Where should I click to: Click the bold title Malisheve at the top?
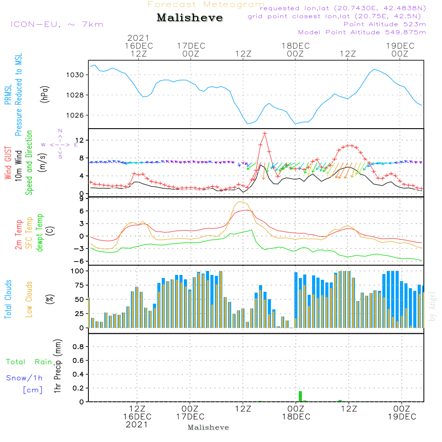point(190,18)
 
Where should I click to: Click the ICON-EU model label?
point(57,24)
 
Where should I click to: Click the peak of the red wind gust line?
point(265,133)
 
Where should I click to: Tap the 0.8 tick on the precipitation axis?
point(78,347)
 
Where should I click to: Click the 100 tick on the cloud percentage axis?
point(77,271)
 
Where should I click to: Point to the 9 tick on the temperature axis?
point(81,199)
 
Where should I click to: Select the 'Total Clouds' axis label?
point(8,299)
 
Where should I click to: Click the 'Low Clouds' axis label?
point(29,299)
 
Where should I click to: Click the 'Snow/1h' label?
point(25,378)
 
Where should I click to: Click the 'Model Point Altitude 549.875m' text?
point(362,32)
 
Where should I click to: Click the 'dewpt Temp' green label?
point(40,232)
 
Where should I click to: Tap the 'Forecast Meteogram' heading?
point(206,4)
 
